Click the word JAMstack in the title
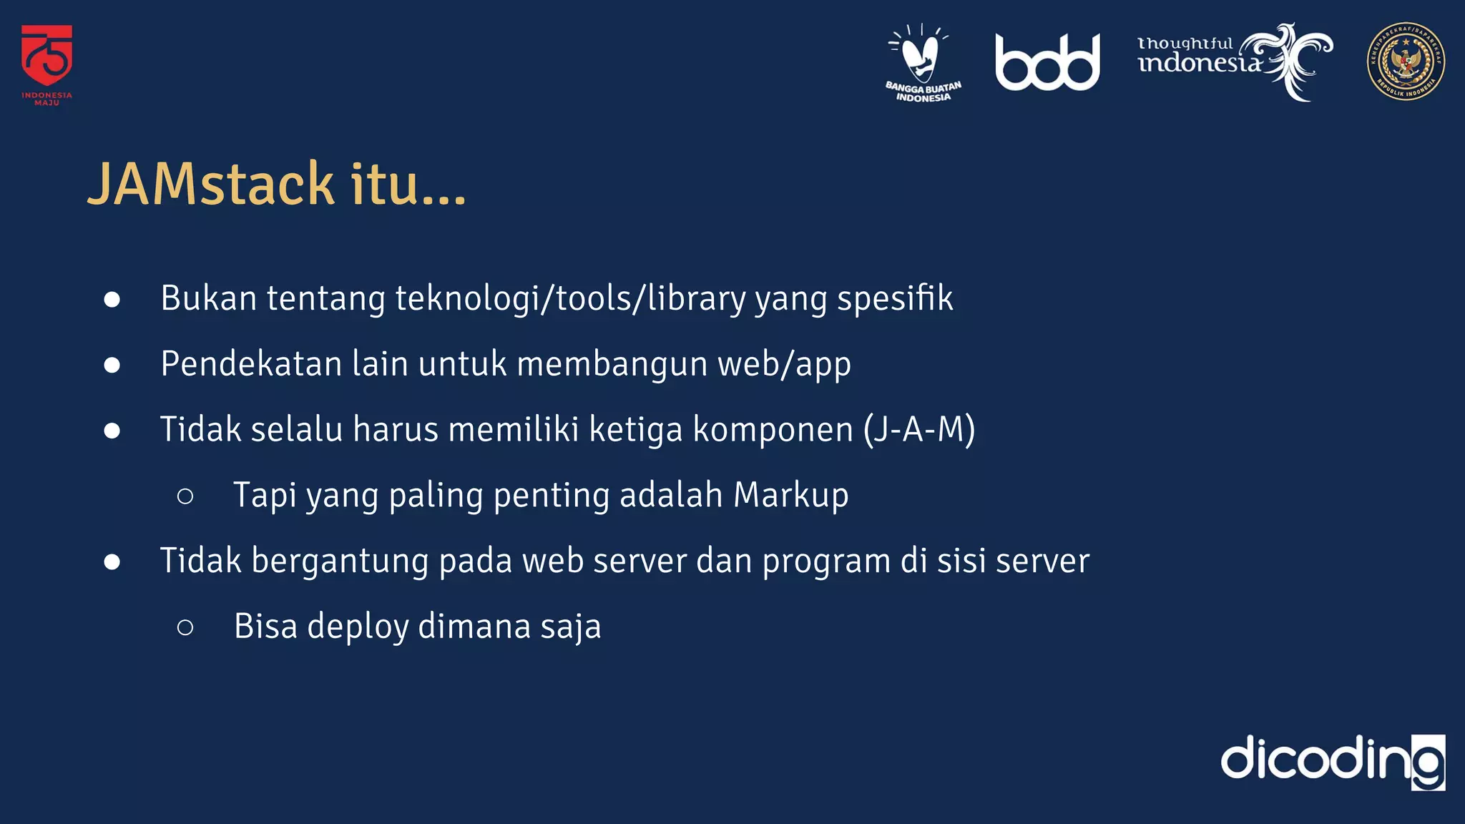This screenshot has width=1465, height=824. [211, 185]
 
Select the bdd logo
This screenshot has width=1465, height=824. [1047, 63]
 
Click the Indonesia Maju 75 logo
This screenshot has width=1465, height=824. [46, 64]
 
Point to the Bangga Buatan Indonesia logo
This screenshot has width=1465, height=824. [923, 63]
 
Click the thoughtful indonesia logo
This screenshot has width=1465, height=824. [1234, 61]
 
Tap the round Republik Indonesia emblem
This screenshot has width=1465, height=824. [1405, 62]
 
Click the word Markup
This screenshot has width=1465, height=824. [790, 495]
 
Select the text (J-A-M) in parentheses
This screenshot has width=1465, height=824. [919, 429]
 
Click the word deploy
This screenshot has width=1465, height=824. [358, 627]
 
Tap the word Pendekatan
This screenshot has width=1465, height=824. [251, 363]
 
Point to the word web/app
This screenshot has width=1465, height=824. [784, 365]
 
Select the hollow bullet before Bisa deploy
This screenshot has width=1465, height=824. [185, 627]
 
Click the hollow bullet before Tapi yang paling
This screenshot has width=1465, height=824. [185, 496]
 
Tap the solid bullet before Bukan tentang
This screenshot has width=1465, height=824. [112, 299]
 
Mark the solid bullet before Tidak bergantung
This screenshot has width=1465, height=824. [112, 561]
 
